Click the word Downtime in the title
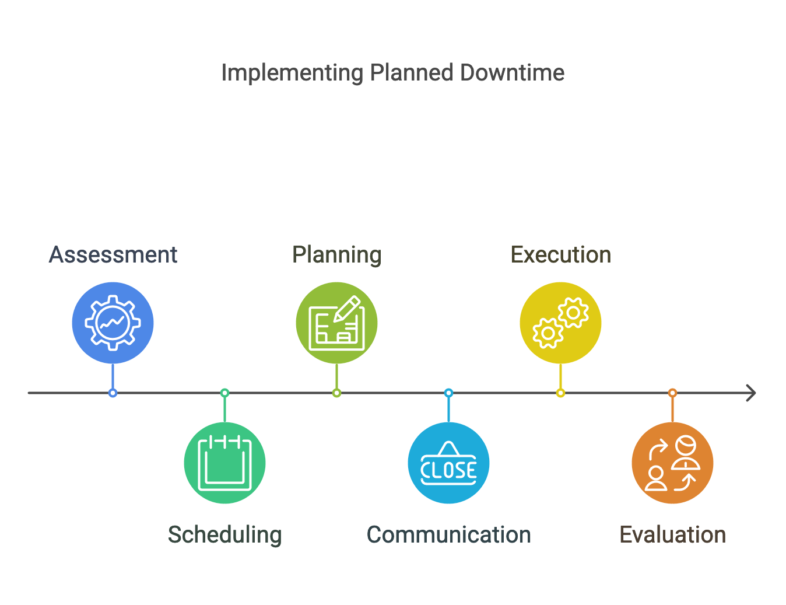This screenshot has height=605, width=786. [512, 73]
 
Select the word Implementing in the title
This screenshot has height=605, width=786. [292, 74]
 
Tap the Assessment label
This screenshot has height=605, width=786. [113, 255]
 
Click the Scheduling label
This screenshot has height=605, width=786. [224, 536]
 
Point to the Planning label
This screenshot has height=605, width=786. [337, 256]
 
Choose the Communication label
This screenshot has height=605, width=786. [448, 535]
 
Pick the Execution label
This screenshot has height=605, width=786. [561, 255]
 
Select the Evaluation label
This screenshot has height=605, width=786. [672, 535]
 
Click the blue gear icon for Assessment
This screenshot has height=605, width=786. [113, 323]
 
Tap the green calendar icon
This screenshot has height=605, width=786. [224, 463]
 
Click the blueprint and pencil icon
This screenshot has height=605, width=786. [337, 323]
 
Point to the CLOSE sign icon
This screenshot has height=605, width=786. [448, 463]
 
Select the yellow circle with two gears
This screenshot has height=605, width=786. [561, 323]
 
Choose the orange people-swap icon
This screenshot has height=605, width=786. [672, 463]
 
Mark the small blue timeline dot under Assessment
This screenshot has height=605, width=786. [113, 393]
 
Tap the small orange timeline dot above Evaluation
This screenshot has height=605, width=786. [672, 393]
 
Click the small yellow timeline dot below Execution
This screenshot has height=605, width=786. [561, 393]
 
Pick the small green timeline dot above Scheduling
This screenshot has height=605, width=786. [224, 393]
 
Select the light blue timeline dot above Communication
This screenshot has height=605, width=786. [448, 393]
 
